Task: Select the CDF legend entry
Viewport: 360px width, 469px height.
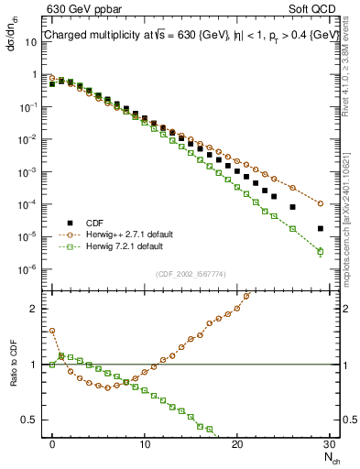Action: (93, 224)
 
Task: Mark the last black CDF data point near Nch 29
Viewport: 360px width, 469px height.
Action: (321, 228)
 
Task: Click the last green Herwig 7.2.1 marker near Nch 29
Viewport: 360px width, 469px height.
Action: (321, 251)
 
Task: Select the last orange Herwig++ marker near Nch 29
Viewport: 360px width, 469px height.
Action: (321, 203)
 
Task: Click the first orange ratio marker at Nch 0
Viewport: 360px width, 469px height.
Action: (52, 331)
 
